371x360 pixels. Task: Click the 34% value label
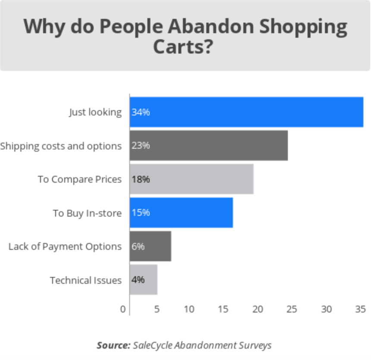(141, 112)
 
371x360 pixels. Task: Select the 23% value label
(141, 146)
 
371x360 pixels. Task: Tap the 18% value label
(141, 179)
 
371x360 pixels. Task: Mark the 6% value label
(138, 247)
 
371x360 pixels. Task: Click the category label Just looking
(95, 112)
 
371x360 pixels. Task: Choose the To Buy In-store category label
(87, 213)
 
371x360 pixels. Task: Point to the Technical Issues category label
(85, 280)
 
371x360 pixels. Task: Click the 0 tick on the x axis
(123, 309)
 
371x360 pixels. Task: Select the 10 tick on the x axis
(189, 309)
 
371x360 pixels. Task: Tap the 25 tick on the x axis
(292, 309)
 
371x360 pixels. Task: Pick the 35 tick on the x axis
(361, 309)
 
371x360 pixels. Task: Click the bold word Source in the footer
(113, 345)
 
